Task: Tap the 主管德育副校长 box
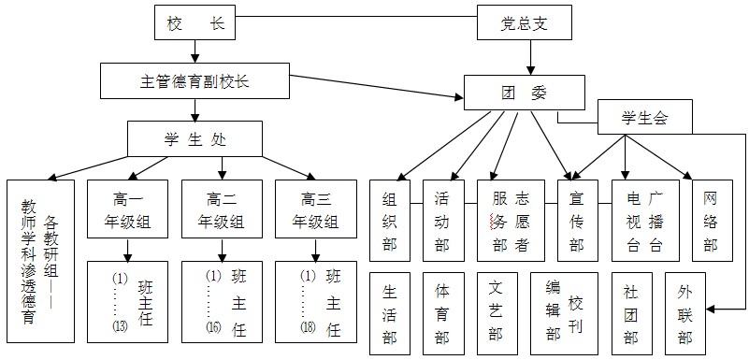click(194, 81)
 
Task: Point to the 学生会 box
click(645, 119)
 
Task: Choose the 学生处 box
click(194, 140)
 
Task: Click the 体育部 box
click(442, 313)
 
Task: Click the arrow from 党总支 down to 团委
click(531, 58)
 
